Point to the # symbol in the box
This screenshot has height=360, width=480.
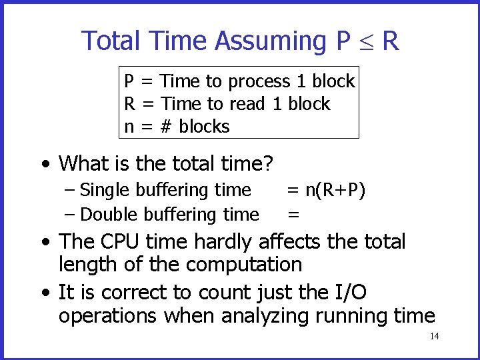[x=164, y=127]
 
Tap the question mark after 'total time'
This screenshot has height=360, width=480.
[x=272, y=163]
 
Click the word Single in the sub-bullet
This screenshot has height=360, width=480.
[x=105, y=190]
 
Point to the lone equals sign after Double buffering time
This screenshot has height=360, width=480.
[x=293, y=215]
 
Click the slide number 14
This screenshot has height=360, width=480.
[x=434, y=336]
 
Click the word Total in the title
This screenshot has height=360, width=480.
[x=111, y=41]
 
